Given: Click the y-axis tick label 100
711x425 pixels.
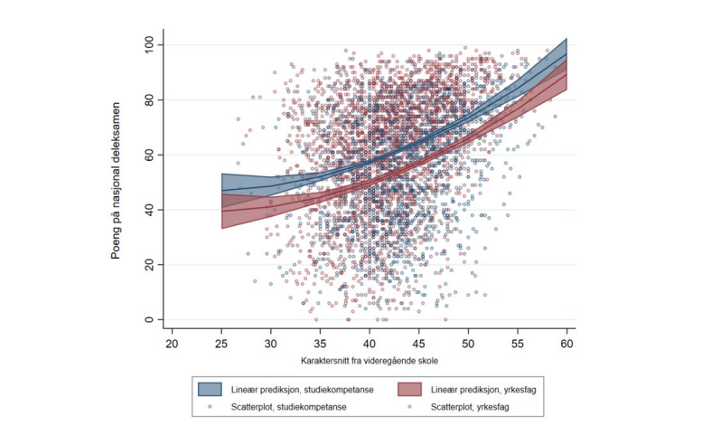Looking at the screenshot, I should tap(143, 44).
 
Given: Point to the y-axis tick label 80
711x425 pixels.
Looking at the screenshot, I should tap(145, 99).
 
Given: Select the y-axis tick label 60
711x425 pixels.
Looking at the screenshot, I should tap(145, 155).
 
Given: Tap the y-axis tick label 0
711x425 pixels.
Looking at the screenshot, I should tap(148, 320).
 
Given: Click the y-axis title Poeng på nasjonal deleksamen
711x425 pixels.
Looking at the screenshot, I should tap(117, 181).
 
